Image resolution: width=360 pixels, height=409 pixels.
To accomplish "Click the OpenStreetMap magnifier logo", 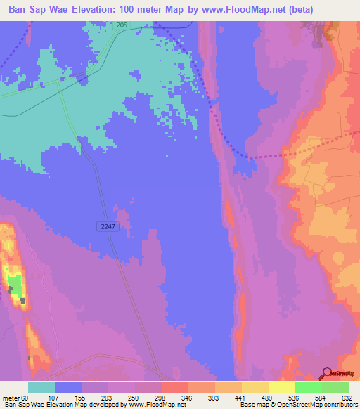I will tap(328, 374).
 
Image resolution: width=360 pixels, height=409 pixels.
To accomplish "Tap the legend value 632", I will tap(346, 398).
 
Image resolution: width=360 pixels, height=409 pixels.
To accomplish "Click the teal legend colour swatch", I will tap(41, 387).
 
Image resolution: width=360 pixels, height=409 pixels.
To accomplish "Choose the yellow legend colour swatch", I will tap(282, 387).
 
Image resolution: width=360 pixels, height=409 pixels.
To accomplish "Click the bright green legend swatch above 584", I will tap(309, 387).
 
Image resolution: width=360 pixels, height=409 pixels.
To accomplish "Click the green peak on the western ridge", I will tap(14, 285).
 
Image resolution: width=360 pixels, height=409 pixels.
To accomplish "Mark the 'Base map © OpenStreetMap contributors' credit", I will tap(295, 405).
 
